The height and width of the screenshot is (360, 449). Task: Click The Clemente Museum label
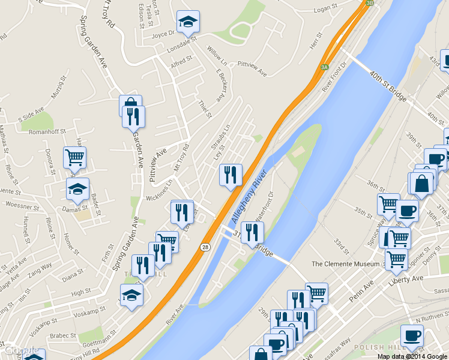pos(346,264)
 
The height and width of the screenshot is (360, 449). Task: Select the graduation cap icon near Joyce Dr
pos(188,23)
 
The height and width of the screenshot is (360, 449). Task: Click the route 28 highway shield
pos(205,247)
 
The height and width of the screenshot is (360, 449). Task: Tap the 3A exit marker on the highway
pos(325,67)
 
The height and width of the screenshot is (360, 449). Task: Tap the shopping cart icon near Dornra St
pos(75,158)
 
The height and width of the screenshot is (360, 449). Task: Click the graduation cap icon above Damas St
pos(77,189)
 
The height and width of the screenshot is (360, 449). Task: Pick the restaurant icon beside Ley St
pos(231,175)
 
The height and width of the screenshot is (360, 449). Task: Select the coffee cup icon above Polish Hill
pos(412,336)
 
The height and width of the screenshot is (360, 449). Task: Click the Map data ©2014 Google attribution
pos(412,356)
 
